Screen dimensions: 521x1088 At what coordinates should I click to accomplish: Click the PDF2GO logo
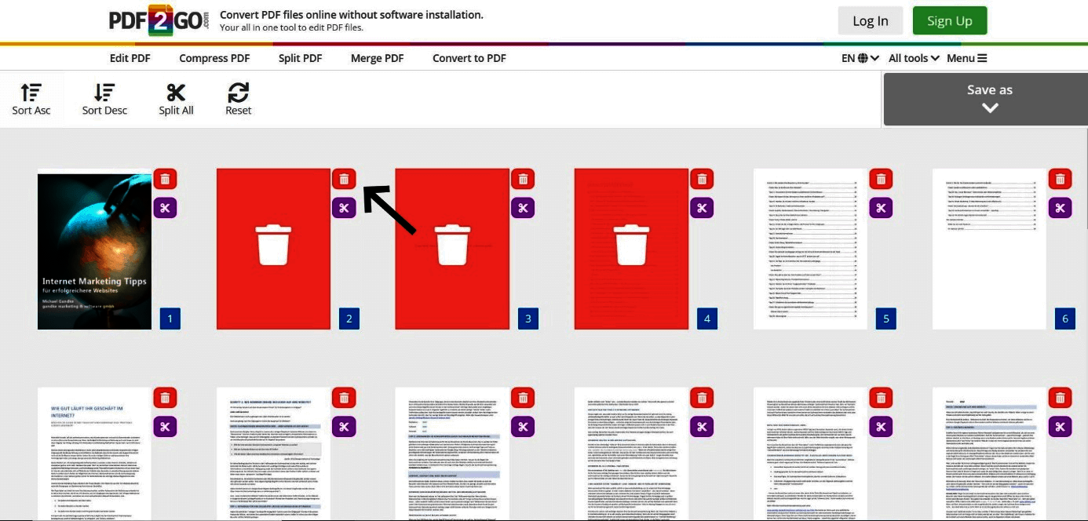pos(159,20)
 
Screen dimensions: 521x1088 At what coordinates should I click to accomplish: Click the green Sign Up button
pos(949,21)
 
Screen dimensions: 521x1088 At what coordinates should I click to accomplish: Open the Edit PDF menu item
pos(130,58)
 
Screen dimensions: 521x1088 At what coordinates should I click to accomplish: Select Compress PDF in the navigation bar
pos(214,58)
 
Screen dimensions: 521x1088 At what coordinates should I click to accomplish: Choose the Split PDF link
pos(300,58)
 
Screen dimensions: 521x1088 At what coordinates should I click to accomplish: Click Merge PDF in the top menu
pos(377,58)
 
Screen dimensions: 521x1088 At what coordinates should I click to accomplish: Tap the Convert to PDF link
pos(469,58)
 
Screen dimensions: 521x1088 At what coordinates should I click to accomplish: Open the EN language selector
pos(860,58)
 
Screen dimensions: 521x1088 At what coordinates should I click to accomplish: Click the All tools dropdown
pos(914,58)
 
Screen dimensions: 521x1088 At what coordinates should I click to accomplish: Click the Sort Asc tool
pos(31,99)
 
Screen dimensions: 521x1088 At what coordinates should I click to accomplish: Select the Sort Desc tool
pos(104,99)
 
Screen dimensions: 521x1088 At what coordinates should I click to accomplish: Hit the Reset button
pos(238,99)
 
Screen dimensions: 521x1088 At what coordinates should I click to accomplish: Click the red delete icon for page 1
pos(165,179)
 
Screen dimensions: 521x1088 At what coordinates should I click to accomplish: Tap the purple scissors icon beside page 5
pos(881,208)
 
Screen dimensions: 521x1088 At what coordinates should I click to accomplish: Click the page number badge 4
pos(706,319)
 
